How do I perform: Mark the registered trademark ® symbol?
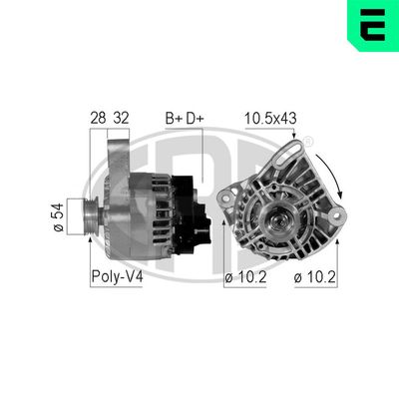point(308,144)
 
